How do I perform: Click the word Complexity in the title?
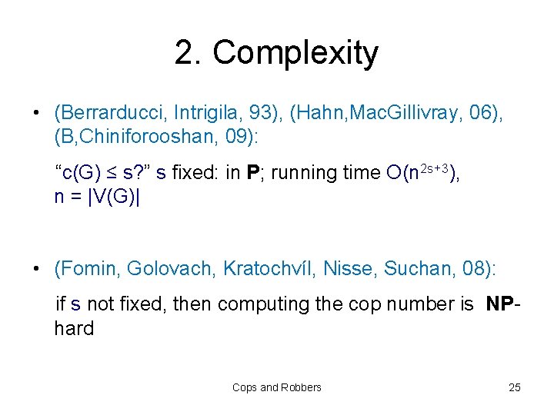click(x=295, y=53)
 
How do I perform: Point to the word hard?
click(x=74, y=328)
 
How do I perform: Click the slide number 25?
click(x=515, y=387)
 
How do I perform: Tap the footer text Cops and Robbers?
click(x=277, y=387)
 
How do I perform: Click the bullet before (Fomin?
click(x=36, y=269)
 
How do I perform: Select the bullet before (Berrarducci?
click(x=36, y=115)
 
